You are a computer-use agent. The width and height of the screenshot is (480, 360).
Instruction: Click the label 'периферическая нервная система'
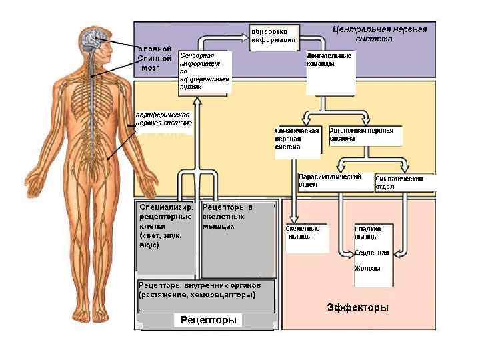click(x=163, y=118)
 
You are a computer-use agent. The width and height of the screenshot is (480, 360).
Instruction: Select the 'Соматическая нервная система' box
click(x=297, y=139)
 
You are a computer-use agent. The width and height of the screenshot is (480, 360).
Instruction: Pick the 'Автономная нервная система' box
click(x=366, y=135)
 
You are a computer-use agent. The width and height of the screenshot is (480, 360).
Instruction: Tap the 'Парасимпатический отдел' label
click(x=329, y=181)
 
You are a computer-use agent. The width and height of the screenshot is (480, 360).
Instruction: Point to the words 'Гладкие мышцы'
click(x=367, y=233)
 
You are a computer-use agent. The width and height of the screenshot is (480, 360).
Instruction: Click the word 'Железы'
click(x=367, y=269)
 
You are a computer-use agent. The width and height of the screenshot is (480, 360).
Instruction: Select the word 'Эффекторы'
click(x=357, y=307)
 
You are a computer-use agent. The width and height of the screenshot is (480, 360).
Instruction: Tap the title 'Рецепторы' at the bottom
click(x=209, y=320)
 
